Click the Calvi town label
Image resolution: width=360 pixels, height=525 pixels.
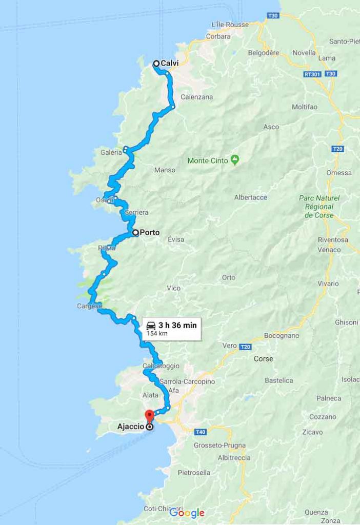169,64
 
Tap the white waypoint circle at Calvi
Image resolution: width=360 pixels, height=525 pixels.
156,64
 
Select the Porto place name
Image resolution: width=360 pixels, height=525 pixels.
150,232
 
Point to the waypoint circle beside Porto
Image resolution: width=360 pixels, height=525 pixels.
135,232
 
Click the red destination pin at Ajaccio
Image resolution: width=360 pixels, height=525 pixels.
149,415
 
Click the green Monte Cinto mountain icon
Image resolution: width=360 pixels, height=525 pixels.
235,160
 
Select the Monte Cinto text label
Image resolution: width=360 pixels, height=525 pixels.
208,160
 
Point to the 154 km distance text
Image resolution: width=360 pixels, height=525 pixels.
157,333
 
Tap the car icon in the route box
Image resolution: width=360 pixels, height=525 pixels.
151,325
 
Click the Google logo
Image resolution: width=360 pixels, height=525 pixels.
187,513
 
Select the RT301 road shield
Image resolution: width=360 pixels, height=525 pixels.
312,74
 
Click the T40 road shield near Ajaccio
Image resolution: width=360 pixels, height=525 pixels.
200,432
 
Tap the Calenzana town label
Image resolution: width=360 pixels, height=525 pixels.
196,97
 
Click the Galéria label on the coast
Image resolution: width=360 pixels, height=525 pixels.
111,152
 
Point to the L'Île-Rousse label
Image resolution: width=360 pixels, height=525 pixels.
230,25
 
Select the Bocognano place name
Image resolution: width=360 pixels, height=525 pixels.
282,336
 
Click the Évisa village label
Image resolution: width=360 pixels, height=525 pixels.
176,239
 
